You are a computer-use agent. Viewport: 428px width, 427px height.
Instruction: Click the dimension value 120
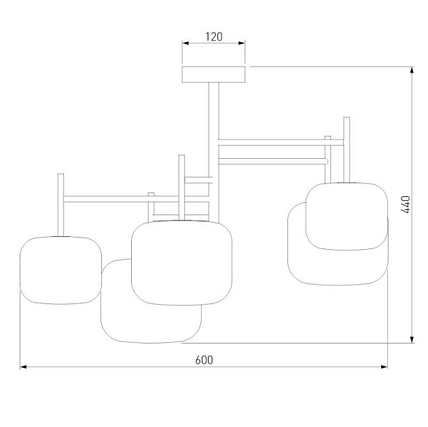click(214, 37)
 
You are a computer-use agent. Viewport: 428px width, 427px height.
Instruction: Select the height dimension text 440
click(406, 204)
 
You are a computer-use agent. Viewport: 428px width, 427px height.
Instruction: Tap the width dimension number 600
click(204, 360)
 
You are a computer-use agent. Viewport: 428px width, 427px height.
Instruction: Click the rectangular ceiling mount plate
click(214, 75)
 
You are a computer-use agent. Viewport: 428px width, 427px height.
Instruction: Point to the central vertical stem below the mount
click(213, 115)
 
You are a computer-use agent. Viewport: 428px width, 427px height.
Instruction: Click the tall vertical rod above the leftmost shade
click(60, 204)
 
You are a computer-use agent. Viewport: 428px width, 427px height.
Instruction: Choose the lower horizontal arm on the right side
click(272, 161)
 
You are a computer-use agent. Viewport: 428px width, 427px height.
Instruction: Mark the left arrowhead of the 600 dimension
click(24, 367)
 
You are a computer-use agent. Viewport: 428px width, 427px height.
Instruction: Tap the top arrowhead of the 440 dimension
click(412, 71)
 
